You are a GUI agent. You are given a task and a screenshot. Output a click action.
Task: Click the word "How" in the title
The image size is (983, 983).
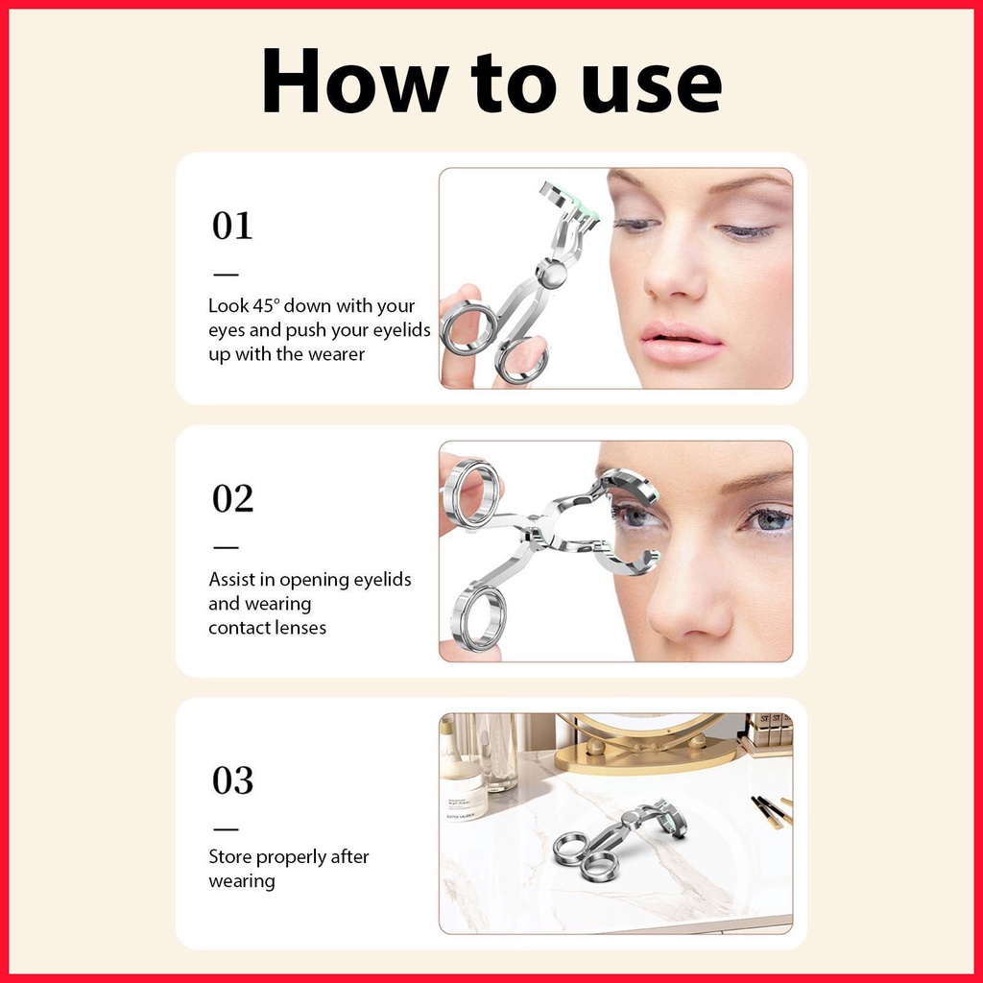point(355,82)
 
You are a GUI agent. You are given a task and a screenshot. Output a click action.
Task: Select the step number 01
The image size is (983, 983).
point(232,226)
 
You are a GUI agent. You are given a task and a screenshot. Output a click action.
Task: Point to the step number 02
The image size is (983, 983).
point(232,499)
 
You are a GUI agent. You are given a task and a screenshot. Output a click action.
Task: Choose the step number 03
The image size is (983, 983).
point(232,780)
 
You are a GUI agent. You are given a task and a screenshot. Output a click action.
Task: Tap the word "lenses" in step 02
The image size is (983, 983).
point(299,628)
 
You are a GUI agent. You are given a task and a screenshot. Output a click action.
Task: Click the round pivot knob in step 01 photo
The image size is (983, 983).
point(551,274)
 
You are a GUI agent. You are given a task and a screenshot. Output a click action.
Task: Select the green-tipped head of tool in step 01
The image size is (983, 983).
point(569,202)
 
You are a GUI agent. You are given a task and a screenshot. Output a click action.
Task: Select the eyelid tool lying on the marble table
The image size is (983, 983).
point(617,839)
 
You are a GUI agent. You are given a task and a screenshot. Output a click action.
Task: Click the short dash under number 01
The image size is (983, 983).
point(226,274)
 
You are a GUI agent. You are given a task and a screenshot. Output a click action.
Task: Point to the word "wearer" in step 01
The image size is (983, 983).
point(337,354)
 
